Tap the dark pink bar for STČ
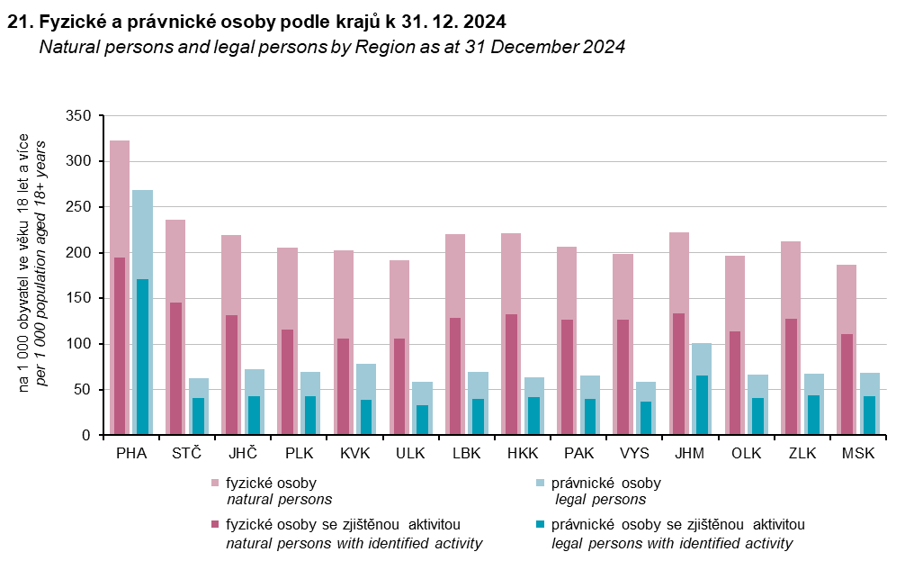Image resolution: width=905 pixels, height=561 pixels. (x=175, y=368)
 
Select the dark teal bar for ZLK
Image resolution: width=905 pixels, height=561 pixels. (x=813, y=415)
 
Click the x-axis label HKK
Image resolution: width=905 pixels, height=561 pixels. (x=523, y=452)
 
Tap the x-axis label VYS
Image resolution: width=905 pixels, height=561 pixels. (x=634, y=452)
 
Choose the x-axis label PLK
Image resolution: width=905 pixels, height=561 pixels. (x=299, y=452)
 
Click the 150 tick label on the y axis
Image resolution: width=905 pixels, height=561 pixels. (x=80, y=299)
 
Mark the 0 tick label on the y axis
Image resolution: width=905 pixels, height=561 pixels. (x=87, y=436)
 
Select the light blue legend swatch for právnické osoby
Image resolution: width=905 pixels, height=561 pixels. (x=540, y=484)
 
